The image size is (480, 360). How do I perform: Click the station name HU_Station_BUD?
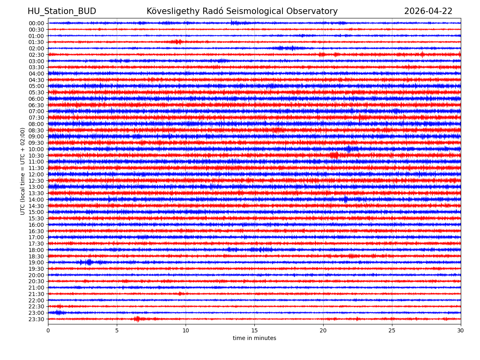tap(62, 12)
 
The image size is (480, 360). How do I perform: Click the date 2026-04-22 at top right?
tap(428, 12)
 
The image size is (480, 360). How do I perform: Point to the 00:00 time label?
tap(36, 23)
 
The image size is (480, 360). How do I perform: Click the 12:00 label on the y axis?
tap(36, 174)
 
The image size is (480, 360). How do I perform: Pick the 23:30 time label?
tap(36, 319)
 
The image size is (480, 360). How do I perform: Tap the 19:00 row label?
tap(36, 262)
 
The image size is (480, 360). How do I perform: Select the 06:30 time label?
tap(36, 105)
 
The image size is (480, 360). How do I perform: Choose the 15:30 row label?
tap(36, 218)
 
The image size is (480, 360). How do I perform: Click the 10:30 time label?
tap(36, 156)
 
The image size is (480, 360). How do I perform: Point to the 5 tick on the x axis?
tap(117, 331)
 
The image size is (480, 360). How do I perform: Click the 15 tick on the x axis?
tap(254, 331)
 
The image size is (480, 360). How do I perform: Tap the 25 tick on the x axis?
tap(392, 331)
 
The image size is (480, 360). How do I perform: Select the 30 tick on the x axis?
tap(461, 331)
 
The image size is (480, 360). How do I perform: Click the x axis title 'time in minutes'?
tap(254, 338)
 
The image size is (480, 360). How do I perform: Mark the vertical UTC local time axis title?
tap(23, 171)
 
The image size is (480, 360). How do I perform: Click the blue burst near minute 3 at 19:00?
tap(89, 262)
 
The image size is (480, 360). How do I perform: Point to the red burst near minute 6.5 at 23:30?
tap(137, 319)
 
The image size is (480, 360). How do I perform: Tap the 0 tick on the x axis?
tap(48, 331)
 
